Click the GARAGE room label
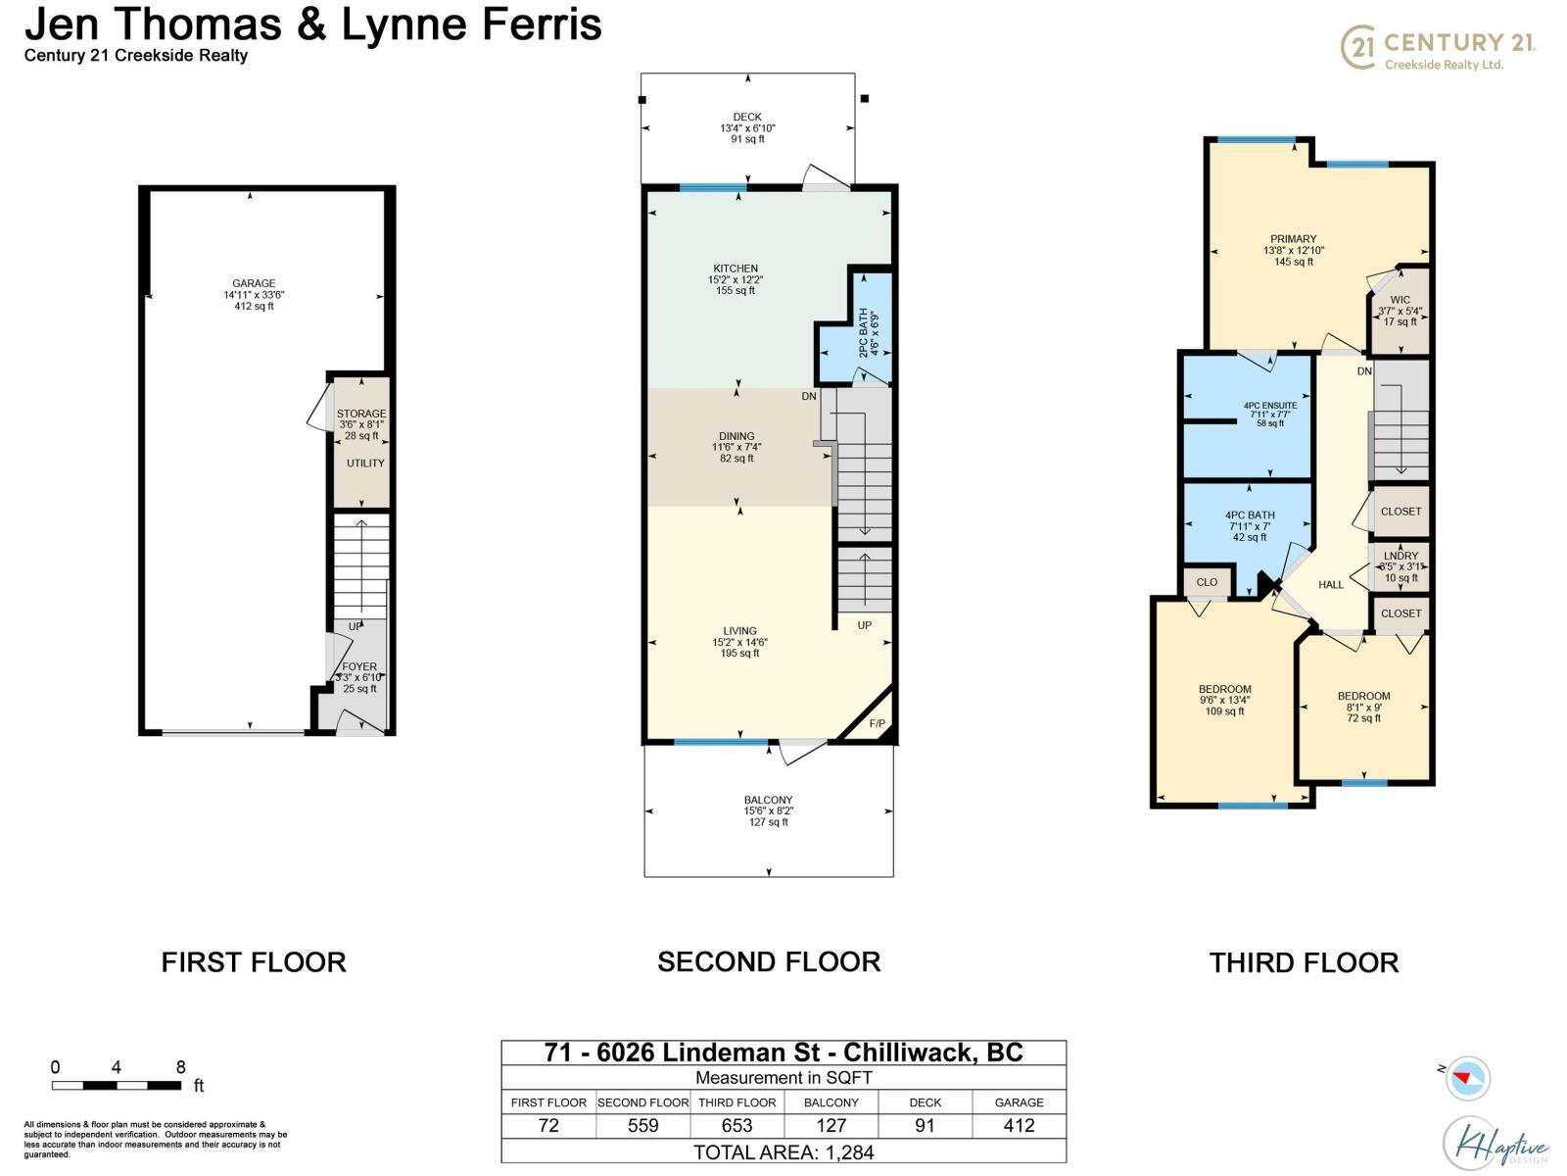253,284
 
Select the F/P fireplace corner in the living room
877,724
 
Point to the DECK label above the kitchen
747,117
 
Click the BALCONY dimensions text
768,811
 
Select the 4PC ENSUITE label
1270,406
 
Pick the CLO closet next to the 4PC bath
1207,582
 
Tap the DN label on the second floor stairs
809,396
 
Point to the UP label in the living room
865,625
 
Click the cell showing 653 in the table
736,1126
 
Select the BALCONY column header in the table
831,1102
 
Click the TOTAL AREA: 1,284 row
783,1152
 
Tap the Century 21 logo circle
1357,47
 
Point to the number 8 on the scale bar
180,1067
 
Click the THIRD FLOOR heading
1304,962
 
